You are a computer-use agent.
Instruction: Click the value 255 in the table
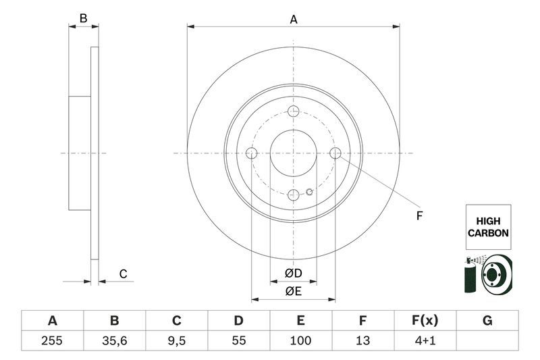52,341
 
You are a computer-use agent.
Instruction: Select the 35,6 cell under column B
114,341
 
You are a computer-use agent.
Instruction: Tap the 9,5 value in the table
176,341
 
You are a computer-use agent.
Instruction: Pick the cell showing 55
238,341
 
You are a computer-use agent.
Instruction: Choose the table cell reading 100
301,341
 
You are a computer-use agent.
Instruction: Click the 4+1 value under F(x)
425,341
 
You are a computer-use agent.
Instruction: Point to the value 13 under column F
363,341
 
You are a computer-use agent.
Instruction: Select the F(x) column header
425,321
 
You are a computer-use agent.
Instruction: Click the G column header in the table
487,321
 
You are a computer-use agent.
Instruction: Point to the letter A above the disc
294,20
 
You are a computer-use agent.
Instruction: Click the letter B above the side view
84,19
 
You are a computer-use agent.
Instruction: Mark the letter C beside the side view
123,274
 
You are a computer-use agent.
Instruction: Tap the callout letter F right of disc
418,216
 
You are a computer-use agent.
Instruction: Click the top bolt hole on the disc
294,112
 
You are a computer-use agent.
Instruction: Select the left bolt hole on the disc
252,154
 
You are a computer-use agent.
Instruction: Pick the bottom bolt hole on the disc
294,195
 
